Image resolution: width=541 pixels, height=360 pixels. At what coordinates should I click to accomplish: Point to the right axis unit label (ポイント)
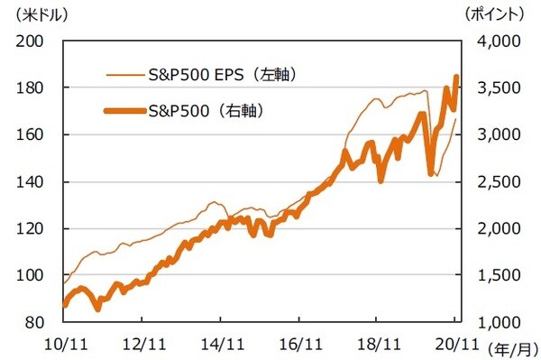pyautogui.click(x=491, y=14)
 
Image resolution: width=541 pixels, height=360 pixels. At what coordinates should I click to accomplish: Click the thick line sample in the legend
pyautogui.click(x=121, y=112)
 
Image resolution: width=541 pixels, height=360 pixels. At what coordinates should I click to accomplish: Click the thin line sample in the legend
pyautogui.click(x=121, y=74)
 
